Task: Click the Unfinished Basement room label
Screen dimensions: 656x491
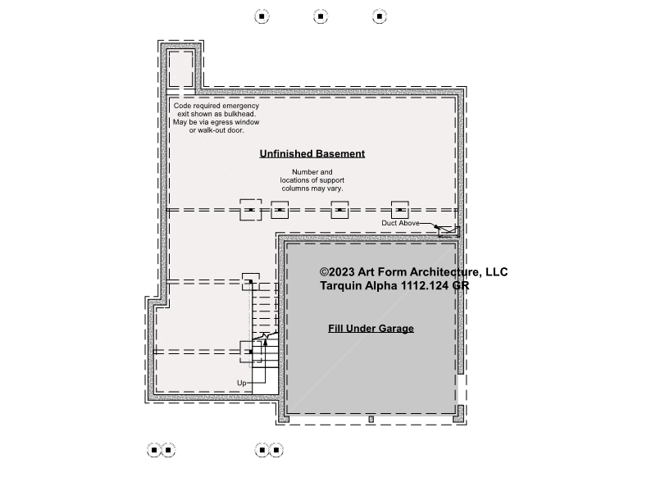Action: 312,154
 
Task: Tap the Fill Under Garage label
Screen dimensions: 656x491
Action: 371,329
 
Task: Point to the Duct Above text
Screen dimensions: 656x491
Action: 400,223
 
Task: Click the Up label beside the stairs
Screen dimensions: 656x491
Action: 241,383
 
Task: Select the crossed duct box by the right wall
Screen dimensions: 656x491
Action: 449,231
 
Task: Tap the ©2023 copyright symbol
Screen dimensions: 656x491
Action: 324,272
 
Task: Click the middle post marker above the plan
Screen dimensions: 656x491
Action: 321,16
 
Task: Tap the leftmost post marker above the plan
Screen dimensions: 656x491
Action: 262,16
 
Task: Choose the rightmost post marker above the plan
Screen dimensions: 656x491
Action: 380,16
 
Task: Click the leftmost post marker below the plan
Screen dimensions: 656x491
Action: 154,450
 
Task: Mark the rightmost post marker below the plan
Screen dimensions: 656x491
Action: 276,450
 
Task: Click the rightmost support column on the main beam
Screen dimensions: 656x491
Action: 400,210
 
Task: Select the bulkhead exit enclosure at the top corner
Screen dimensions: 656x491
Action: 180,68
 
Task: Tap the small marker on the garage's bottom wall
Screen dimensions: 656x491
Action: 371,419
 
